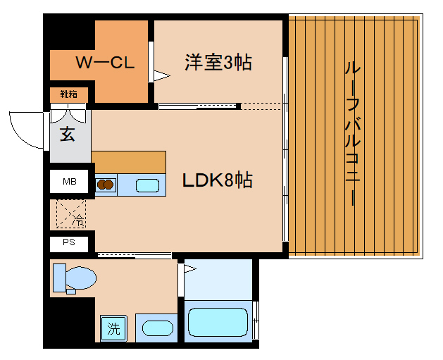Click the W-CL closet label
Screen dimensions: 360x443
[x=105, y=63]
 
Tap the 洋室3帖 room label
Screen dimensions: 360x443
[x=218, y=62]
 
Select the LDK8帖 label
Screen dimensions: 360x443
[x=218, y=180]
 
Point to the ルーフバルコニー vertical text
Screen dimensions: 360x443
[x=350, y=134]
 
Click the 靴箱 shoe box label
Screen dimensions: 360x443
[x=68, y=94]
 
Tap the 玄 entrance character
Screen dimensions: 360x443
[x=68, y=135]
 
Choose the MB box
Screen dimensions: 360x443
[x=70, y=182]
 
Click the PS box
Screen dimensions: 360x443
[x=70, y=243]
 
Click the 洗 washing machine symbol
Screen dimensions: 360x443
[x=113, y=328]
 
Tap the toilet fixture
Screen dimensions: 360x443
[x=73, y=278]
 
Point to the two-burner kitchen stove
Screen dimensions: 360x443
[x=106, y=185]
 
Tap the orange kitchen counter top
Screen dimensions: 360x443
[x=128, y=161]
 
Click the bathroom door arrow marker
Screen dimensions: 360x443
[x=188, y=268]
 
